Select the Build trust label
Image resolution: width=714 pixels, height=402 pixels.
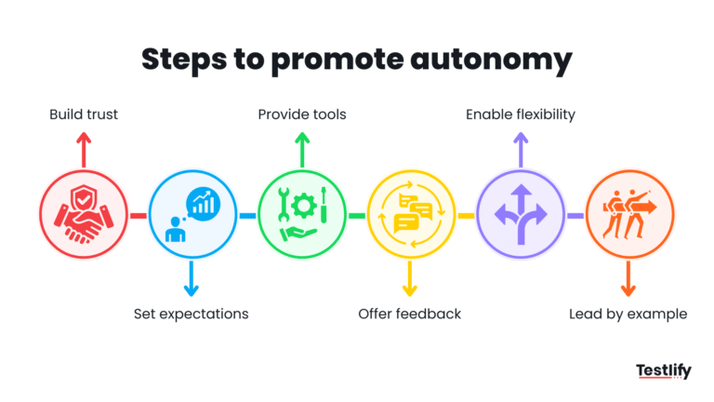point(84,114)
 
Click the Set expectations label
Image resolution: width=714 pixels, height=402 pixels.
point(192,314)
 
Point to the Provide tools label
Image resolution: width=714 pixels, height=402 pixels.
point(302,114)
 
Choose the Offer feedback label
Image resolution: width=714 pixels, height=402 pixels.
point(409,314)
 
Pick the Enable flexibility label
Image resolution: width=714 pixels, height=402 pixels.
point(521,114)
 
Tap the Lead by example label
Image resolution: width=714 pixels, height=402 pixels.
point(628,314)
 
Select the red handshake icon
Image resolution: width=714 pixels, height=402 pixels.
point(84,215)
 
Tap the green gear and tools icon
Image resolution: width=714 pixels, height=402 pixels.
point(301,215)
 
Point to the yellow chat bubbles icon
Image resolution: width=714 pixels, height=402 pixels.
point(410,215)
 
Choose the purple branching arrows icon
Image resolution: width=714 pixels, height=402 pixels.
point(520,215)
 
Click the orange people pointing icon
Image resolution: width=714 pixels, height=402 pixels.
point(628,215)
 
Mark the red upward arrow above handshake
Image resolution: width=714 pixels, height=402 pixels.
point(84,149)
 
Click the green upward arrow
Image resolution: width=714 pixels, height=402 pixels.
point(301,149)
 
